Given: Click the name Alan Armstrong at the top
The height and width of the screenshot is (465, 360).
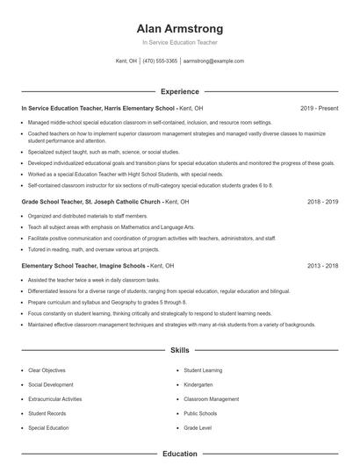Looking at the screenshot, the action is pyautogui.click(x=180, y=28).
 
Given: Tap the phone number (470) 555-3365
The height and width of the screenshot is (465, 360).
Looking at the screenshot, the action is pyautogui.click(x=161, y=61).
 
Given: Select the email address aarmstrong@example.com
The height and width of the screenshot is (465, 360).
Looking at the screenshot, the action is pyautogui.click(x=213, y=61).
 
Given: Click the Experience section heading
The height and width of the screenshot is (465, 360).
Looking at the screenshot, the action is pyautogui.click(x=180, y=91).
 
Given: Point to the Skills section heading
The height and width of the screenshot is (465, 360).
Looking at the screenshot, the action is pyautogui.click(x=180, y=351).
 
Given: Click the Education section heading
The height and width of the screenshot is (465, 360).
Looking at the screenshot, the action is pyautogui.click(x=180, y=454).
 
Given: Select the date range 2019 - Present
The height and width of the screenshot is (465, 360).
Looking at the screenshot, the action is pyautogui.click(x=319, y=108).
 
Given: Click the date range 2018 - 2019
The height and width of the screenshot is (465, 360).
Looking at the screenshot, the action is pyautogui.click(x=322, y=201).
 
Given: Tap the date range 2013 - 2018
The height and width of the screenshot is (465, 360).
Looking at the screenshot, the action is pyautogui.click(x=322, y=265).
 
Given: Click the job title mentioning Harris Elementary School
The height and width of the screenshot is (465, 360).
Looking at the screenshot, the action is pyautogui.click(x=98, y=108).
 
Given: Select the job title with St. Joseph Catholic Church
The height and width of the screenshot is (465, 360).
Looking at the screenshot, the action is pyautogui.click(x=90, y=201).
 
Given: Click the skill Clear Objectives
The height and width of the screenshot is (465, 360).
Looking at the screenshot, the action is pyautogui.click(x=47, y=371).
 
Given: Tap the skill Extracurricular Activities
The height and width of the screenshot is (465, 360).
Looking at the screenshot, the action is pyautogui.click(x=54, y=399).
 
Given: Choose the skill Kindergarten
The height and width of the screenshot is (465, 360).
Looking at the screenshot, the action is pyautogui.click(x=198, y=385).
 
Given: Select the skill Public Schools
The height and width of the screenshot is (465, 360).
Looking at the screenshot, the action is pyautogui.click(x=199, y=413).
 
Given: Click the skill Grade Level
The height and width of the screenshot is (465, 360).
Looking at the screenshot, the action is pyautogui.click(x=197, y=427).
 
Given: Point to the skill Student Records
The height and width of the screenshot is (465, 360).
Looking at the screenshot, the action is pyautogui.click(x=47, y=413).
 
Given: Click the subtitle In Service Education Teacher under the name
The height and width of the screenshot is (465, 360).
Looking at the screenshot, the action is pyautogui.click(x=180, y=42).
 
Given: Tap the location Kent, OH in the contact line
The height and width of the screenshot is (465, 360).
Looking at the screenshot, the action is pyautogui.click(x=126, y=61).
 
